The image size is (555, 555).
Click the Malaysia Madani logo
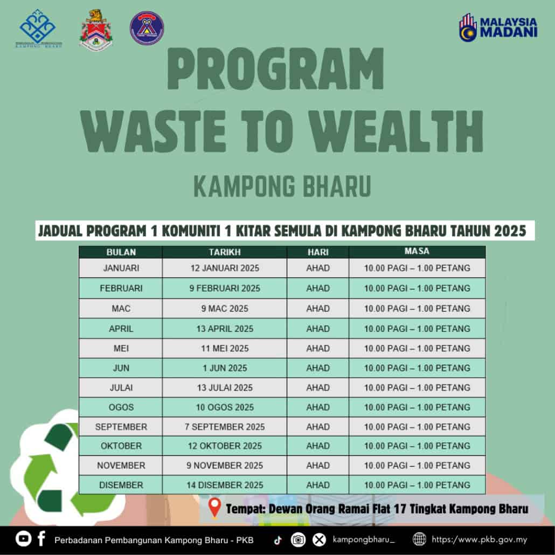498,27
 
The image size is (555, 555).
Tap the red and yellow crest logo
96,30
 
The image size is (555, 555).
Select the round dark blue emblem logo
147,29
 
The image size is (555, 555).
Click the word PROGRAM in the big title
275,68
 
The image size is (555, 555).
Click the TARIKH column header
224,252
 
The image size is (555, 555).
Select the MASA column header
417,251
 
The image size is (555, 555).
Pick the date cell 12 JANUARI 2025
225,268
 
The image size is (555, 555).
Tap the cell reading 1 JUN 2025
225,368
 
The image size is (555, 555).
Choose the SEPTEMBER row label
121,427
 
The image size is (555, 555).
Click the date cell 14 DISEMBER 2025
225,485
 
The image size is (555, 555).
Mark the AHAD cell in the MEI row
318,348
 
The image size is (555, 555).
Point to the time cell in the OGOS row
417,407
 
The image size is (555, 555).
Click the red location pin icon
214,508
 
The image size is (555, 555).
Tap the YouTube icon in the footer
23,539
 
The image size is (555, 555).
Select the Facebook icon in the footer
41,538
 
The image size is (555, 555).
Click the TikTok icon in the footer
278,540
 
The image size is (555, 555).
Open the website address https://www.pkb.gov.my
479,539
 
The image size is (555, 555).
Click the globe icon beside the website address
419,539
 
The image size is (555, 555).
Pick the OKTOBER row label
121,446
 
